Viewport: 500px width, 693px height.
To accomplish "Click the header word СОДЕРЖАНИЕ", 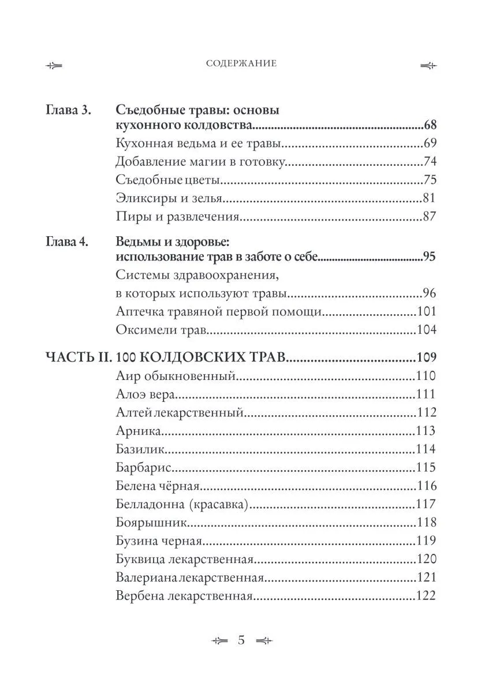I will coord(241,64).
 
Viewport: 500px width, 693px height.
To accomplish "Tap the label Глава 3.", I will coord(68,110).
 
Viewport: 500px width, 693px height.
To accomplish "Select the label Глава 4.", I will coord(68,242).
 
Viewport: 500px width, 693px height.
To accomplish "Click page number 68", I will coord(430,125).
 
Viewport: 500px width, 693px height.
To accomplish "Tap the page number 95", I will coord(430,258).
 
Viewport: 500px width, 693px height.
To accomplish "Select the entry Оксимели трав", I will coord(161,330).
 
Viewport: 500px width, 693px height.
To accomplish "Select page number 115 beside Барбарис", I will coord(426,467).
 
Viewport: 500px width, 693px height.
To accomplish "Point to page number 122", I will coord(426,595).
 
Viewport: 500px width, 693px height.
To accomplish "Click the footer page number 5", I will coord(241,640).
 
